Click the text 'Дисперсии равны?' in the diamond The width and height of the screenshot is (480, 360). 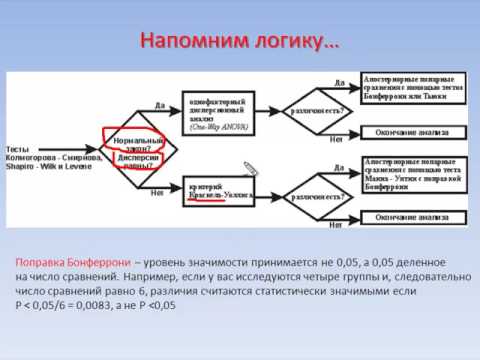coord(137,160)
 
